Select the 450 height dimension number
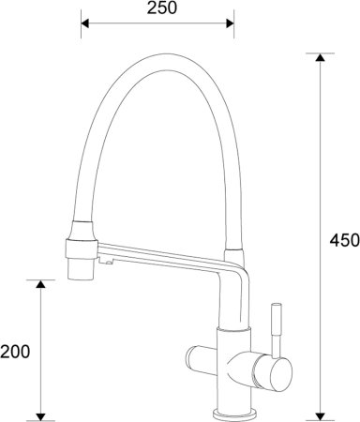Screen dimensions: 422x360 click(344, 240)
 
